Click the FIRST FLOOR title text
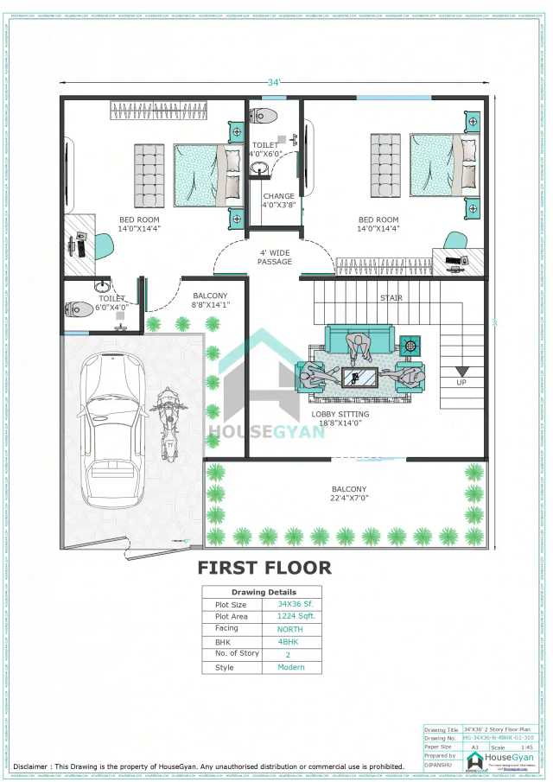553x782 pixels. (x=264, y=568)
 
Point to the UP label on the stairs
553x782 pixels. (x=461, y=381)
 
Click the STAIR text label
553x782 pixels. (x=391, y=298)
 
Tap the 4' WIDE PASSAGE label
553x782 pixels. (x=275, y=257)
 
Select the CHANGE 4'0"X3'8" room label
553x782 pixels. (x=278, y=201)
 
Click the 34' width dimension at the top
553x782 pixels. (x=274, y=83)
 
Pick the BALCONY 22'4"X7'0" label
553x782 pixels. (x=349, y=493)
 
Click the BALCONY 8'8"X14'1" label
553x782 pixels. (x=210, y=300)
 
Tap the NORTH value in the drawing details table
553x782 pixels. (x=290, y=629)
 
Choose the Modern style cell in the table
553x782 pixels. (x=290, y=667)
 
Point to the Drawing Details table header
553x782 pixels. (x=261, y=592)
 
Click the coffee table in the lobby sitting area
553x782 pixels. (x=357, y=378)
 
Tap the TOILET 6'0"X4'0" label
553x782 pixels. (x=111, y=303)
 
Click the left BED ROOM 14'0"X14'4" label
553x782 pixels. (x=138, y=225)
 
